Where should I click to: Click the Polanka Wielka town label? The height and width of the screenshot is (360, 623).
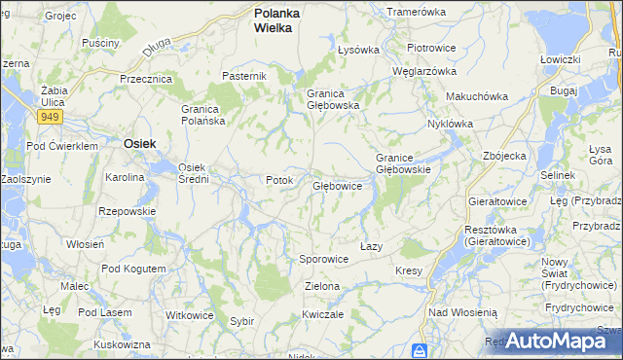pyautogui.click(x=277, y=20)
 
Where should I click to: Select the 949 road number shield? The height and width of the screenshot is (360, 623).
pyautogui.click(x=51, y=117)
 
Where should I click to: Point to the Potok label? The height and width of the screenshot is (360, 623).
pyautogui.click(x=279, y=180)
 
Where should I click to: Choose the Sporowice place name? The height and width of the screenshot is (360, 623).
pyautogui.click(x=323, y=260)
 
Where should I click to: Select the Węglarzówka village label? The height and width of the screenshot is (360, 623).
pyautogui.click(x=423, y=71)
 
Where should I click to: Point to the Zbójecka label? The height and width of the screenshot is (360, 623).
pyautogui.click(x=504, y=156)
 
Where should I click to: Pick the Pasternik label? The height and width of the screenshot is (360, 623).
pyautogui.click(x=243, y=76)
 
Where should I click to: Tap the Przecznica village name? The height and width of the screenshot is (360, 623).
pyautogui.click(x=146, y=79)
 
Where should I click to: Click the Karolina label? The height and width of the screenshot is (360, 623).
pyautogui.click(x=125, y=178)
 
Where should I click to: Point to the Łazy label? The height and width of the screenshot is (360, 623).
pyautogui.click(x=371, y=246)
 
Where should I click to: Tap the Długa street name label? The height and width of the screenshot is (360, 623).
pyautogui.click(x=155, y=45)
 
